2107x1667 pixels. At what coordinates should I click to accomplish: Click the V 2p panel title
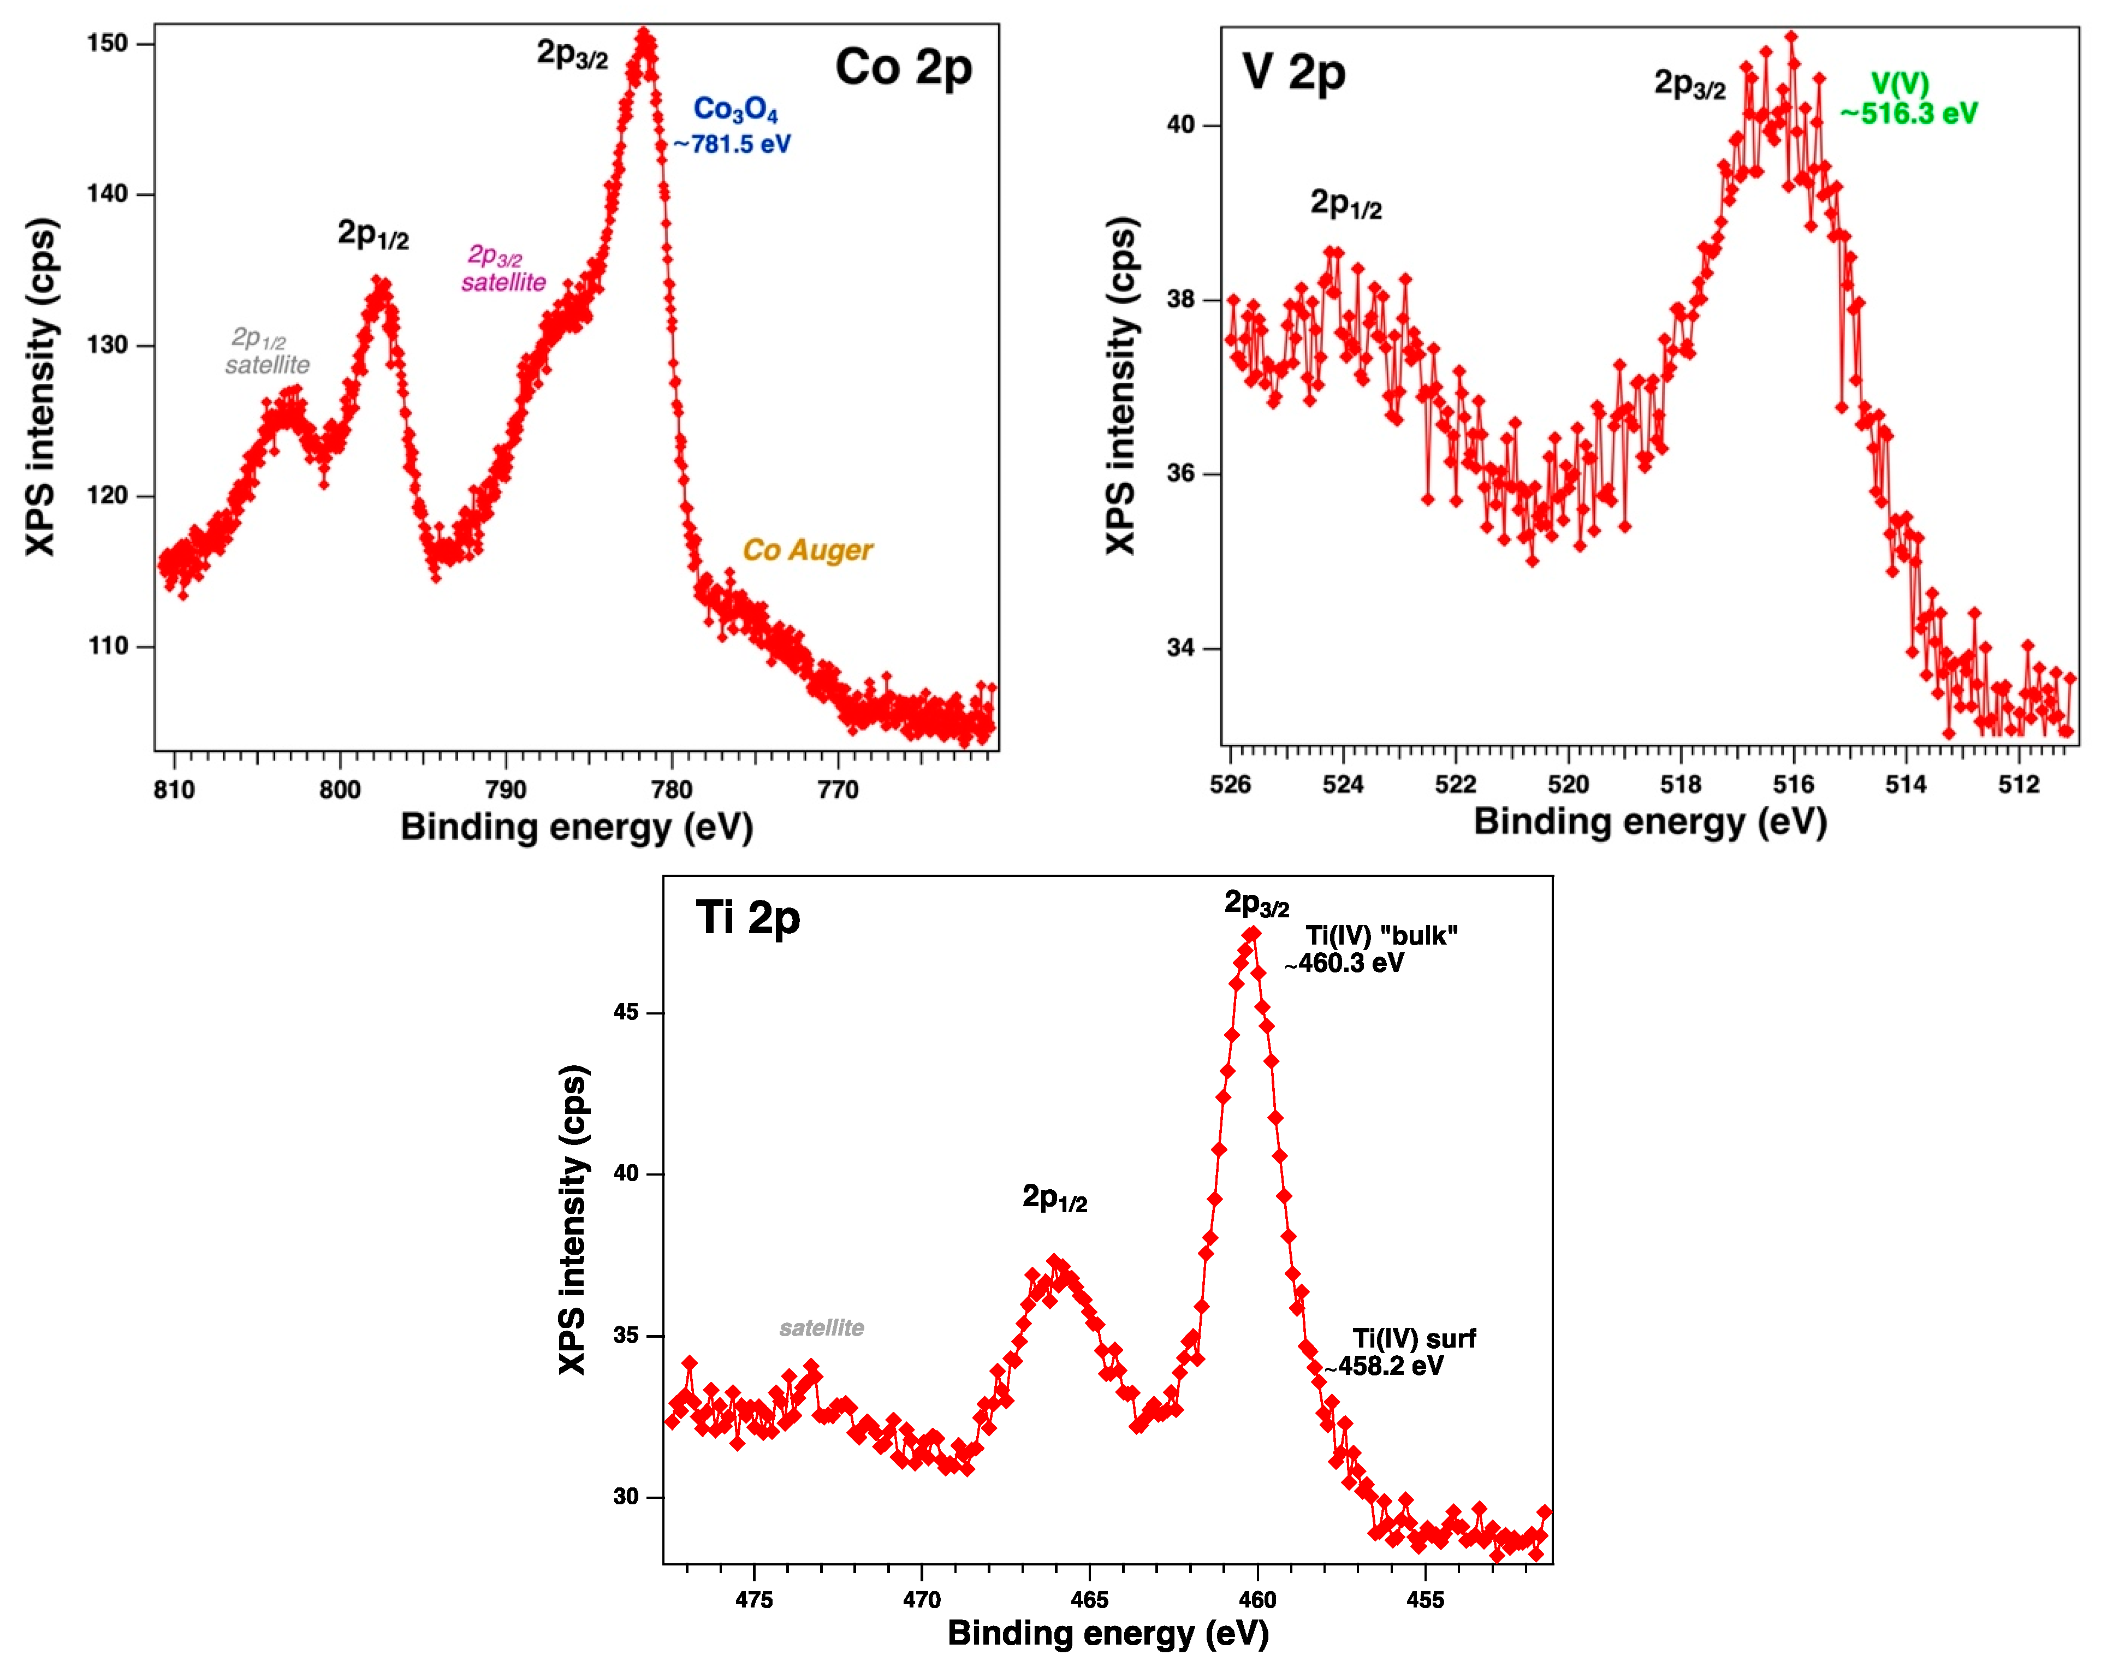click(1293, 73)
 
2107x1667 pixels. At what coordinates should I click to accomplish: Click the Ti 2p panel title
click(747, 918)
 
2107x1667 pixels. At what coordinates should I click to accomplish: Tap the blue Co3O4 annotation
click(735, 109)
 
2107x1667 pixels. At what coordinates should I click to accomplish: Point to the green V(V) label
click(1899, 84)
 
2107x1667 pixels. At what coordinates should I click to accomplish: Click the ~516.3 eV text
click(1909, 114)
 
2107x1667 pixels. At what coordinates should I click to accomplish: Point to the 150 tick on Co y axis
click(108, 44)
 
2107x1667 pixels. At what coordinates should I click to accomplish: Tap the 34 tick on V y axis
click(1181, 648)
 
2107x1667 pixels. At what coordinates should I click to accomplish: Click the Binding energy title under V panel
click(1649, 822)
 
